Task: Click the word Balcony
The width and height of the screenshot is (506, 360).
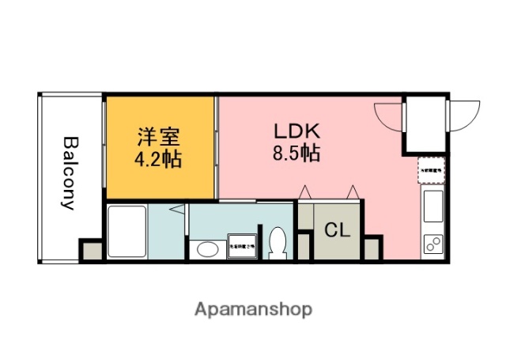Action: pyautogui.click(x=69, y=172)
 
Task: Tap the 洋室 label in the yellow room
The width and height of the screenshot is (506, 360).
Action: pyautogui.click(x=158, y=135)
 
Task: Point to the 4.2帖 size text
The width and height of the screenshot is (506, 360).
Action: pyautogui.click(x=158, y=159)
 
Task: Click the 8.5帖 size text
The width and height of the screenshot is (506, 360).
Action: pyautogui.click(x=296, y=153)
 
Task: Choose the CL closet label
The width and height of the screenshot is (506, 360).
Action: pyautogui.click(x=338, y=231)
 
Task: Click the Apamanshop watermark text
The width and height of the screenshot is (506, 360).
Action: pyautogui.click(x=253, y=309)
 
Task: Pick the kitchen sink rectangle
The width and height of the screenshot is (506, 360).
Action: pyautogui.click(x=434, y=207)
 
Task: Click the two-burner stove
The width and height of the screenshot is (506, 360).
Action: pyautogui.click(x=434, y=244)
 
